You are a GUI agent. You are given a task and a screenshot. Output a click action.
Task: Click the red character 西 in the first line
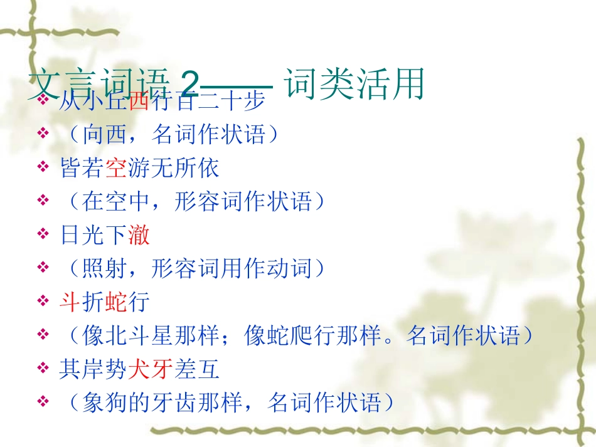[x=139, y=101]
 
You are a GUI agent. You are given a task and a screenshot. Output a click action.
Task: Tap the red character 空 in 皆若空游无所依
[x=116, y=168]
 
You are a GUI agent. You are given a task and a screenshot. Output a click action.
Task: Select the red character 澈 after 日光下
[x=139, y=235]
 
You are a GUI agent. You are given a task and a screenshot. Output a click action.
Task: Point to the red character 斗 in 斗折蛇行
[x=70, y=302]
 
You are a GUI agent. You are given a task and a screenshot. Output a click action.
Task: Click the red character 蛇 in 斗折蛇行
[x=116, y=302]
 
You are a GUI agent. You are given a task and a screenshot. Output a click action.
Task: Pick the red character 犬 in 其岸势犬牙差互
[x=139, y=370]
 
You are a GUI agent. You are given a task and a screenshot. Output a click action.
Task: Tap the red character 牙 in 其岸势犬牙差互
[x=161, y=370]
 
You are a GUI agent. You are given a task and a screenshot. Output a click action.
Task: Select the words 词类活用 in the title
[x=355, y=84]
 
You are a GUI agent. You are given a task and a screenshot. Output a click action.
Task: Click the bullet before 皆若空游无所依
[x=43, y=167]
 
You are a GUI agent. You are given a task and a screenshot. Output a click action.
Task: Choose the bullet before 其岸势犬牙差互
[x=43, y=369]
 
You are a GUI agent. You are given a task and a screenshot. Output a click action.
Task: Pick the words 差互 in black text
[x=196, y=370]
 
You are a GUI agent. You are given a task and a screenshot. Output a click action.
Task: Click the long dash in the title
[x=237, y=84]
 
